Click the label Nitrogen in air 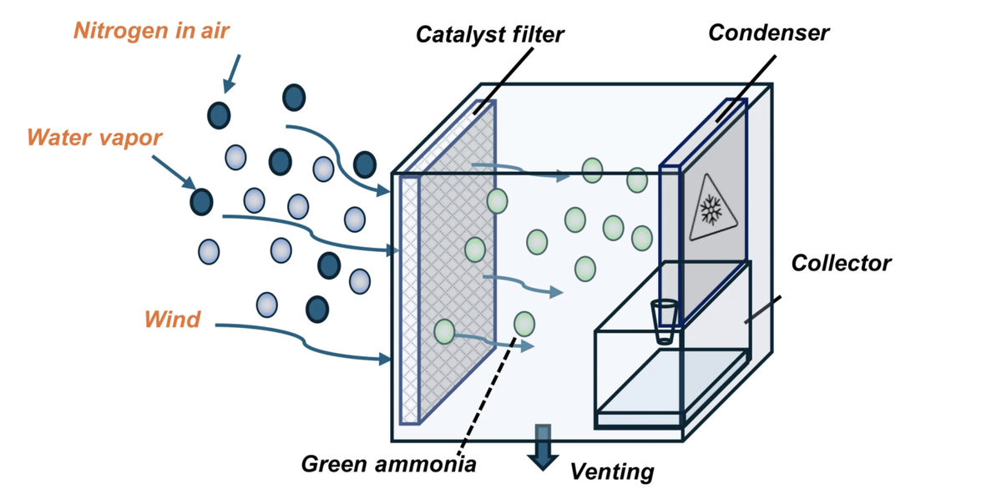151,32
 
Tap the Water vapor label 94,137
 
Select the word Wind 172,319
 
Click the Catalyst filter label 490,34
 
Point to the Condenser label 768,33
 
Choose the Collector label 841,264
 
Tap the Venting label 611,471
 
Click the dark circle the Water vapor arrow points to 201,200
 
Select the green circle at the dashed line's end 524,323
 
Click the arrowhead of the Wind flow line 386,360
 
